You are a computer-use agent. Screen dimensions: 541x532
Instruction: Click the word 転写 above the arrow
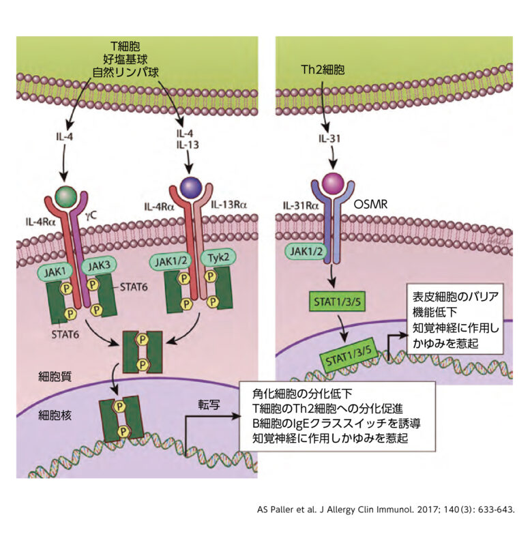point(209,404)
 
